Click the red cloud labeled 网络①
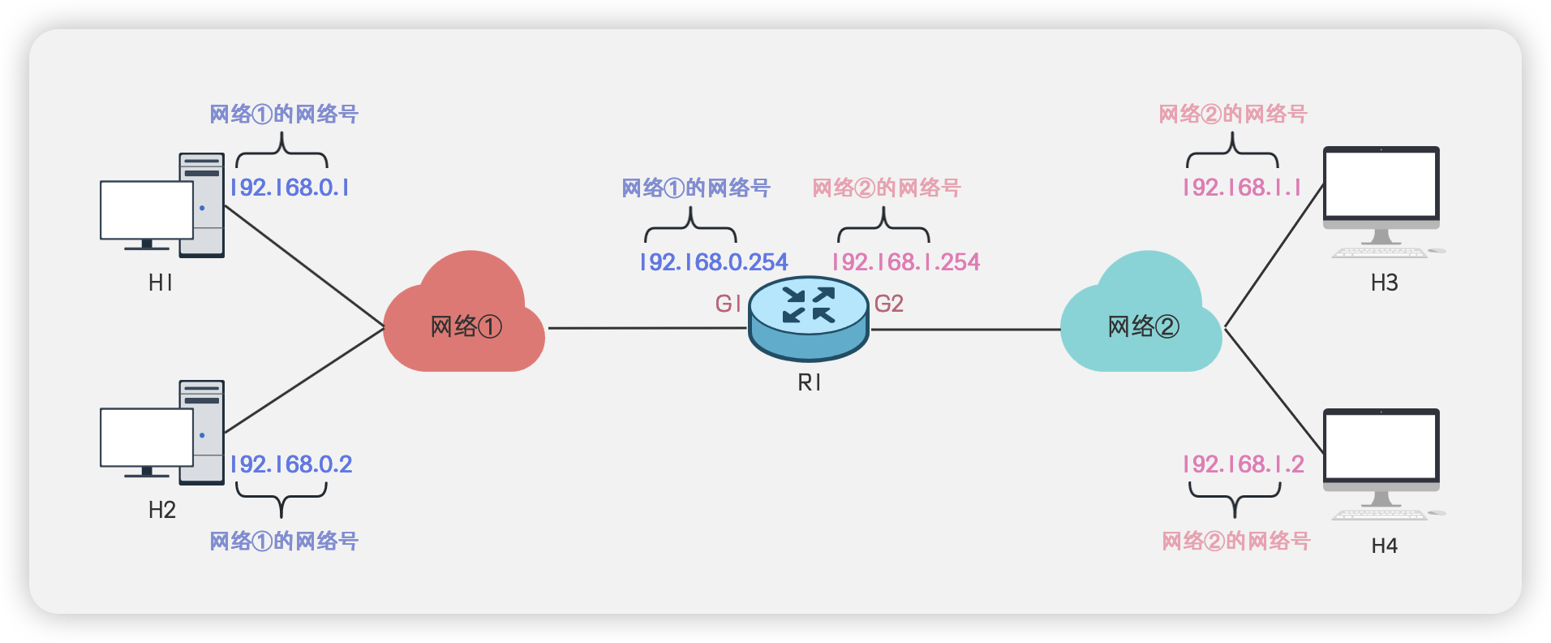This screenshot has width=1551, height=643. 465,321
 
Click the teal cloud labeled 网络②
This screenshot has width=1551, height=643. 1141,321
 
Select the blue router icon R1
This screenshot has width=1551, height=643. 809,317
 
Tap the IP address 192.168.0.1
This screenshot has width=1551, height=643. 290,188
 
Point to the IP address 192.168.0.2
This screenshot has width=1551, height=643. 291,464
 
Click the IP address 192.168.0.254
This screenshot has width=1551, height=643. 713,262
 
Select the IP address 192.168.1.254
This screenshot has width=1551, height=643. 905,262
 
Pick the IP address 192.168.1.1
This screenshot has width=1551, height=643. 1242,188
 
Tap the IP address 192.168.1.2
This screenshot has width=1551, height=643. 1244,464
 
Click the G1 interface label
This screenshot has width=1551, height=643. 728,304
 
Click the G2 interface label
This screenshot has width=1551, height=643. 889,304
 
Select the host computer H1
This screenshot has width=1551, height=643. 162,206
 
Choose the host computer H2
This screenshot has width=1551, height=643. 162,434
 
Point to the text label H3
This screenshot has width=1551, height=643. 1384,283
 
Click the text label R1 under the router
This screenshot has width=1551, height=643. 809,382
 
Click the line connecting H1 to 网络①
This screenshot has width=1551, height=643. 304,267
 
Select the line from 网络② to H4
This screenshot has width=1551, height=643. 1274,391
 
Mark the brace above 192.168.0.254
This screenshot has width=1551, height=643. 690,227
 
